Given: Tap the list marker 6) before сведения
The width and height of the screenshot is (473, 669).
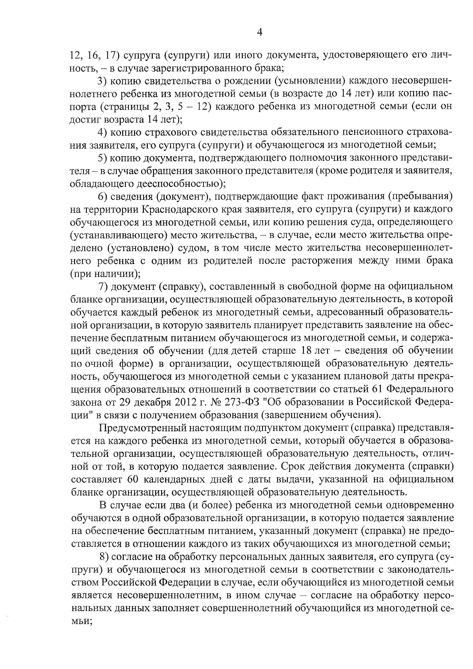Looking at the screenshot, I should pyautogui.click(x=102, y=196).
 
